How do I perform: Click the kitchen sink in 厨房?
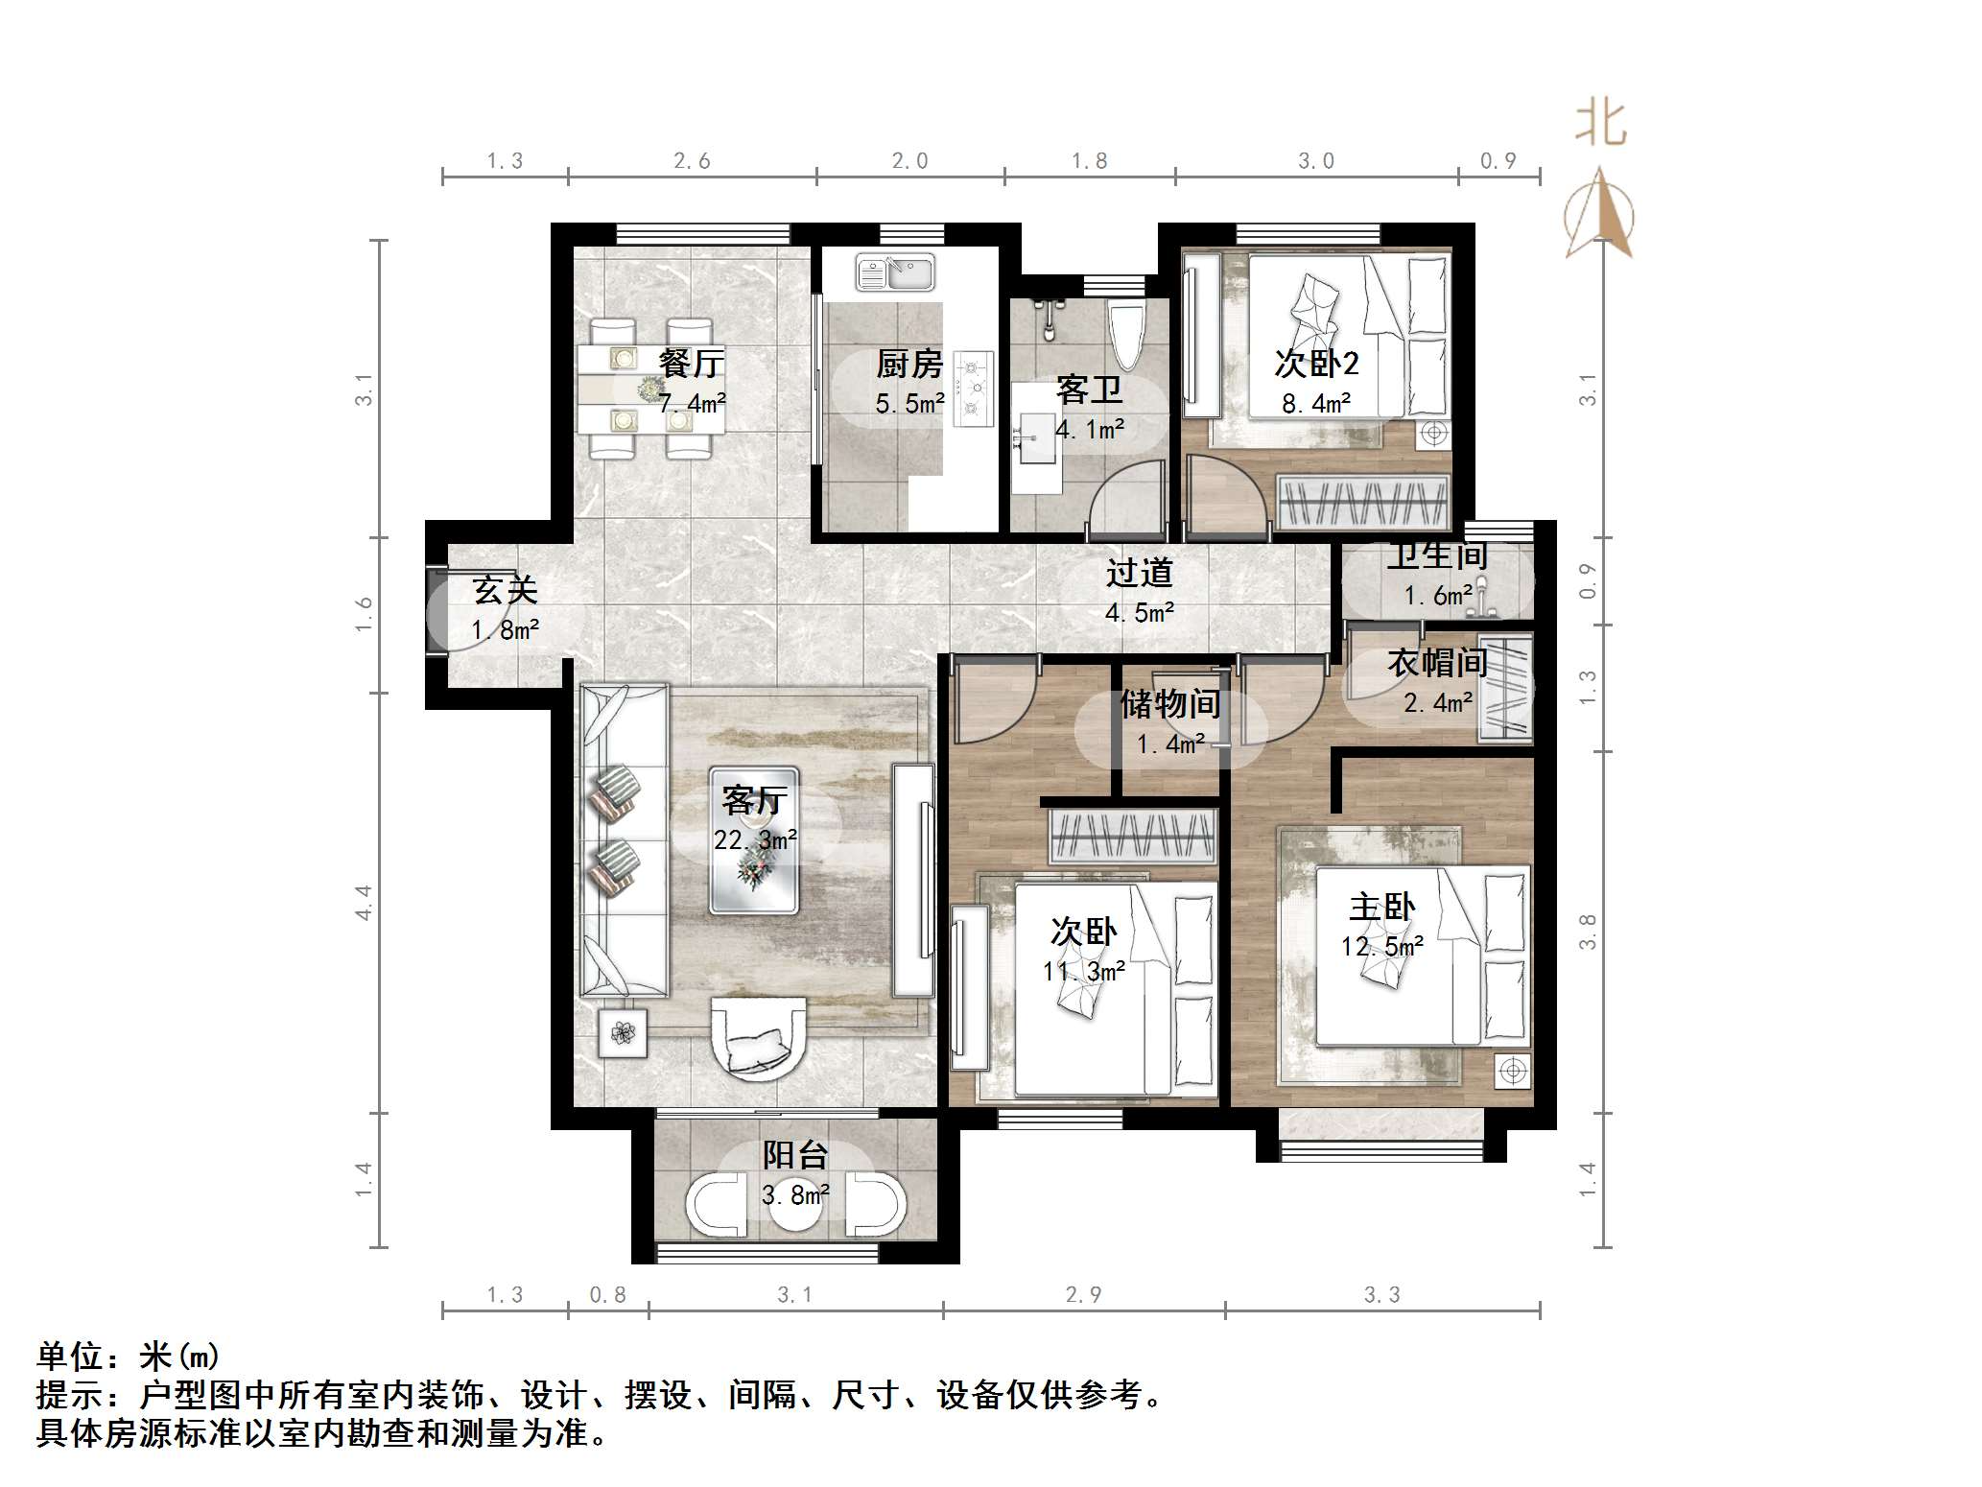895,272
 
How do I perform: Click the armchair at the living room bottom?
758,1040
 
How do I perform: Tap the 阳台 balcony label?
795,1154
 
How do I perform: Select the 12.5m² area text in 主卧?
1382,947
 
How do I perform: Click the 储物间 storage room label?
1170,704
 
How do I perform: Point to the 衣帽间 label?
1437,663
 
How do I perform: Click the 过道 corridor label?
1140,573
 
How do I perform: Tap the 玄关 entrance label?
506,590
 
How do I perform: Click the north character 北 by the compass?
1601,124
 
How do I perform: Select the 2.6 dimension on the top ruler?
692,161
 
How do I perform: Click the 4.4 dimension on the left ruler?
364,903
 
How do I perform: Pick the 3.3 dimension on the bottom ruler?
1382,1295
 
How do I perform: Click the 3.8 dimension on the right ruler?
1588,932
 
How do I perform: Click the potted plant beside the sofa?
624,1033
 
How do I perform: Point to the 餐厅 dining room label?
691,363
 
